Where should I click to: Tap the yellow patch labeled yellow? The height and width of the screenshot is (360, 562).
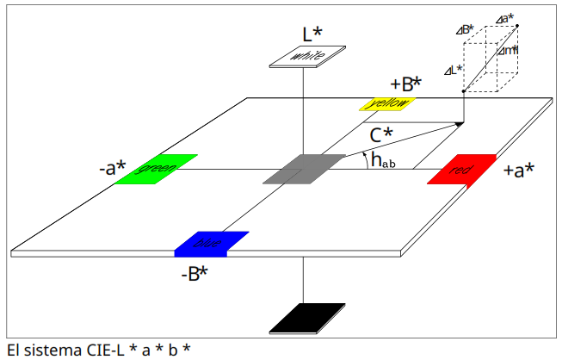pos(388,104)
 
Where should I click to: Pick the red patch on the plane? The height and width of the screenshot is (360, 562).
pos(461,170)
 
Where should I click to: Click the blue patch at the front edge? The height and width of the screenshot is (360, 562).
pos(211,244)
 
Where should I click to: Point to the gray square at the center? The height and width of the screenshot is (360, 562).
pos(298,169)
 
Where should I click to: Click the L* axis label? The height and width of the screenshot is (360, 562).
pos(312,34)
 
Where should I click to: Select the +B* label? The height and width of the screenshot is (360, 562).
pos(406,84)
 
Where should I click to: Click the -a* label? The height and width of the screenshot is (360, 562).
pos(113,168)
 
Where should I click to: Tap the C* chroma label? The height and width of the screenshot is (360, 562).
pos(381,136)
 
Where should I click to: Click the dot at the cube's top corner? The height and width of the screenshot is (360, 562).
pos(518,26)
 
